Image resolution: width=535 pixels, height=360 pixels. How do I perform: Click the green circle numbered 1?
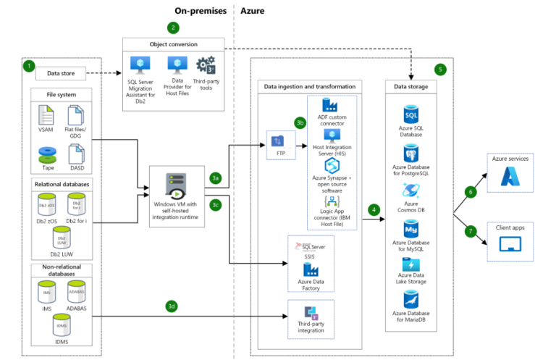29,66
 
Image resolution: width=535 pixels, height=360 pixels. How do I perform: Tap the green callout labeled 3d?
172,306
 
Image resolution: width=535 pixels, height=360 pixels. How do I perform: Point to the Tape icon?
46,154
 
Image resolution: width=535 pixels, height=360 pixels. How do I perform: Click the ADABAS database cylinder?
77,293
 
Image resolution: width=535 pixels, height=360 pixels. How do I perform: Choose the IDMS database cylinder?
61,327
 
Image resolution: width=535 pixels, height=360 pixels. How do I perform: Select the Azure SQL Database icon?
410,115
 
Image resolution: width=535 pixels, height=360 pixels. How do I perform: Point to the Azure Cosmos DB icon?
410,191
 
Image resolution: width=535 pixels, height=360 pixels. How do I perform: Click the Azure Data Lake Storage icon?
410,265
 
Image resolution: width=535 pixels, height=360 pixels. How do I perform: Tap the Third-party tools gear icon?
207,65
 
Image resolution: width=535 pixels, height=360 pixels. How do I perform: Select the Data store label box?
62,73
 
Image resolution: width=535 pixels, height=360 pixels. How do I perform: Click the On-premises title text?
201,11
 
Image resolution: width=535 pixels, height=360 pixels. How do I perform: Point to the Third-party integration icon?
312,314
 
